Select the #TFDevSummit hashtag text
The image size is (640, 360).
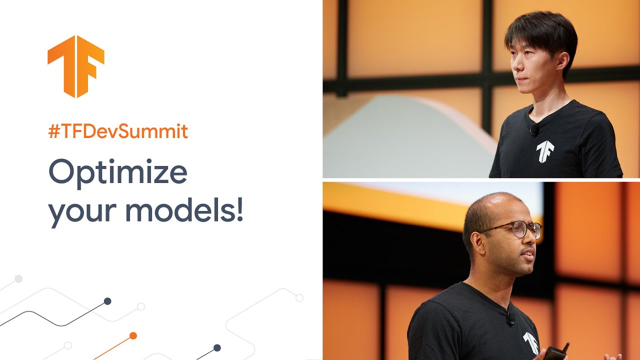point(118,131)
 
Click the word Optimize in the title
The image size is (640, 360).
point(118,173)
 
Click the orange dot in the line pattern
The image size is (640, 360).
point(133,336)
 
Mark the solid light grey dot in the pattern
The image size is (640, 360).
point(18,279)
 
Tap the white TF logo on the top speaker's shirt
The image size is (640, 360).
point(545,151)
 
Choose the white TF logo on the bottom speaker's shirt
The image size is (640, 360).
point(530,343)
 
